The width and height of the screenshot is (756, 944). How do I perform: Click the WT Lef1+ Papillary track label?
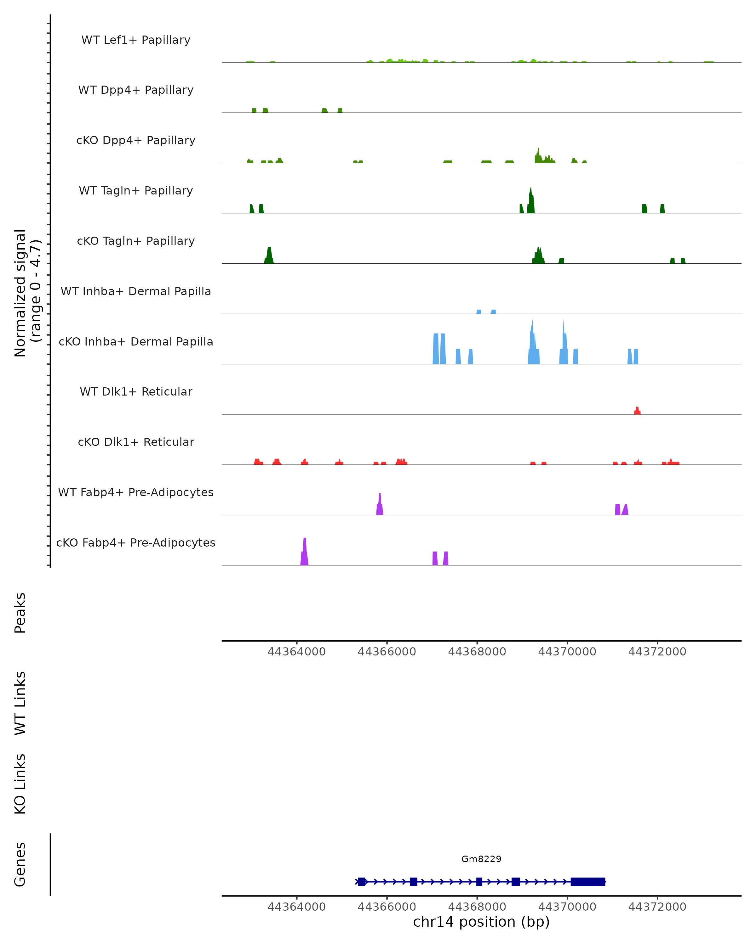pos(136,40)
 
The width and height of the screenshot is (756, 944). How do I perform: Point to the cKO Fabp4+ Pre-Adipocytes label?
pos(136,542)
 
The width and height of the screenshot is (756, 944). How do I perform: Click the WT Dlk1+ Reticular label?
pos(136,391)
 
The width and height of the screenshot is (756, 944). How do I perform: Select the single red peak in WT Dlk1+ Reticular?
pos(637,410)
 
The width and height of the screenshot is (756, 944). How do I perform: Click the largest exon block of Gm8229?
pos(588,881)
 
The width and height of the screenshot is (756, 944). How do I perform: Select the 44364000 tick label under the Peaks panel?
pos(297,652)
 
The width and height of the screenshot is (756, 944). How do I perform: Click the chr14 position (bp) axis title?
pos(481,922)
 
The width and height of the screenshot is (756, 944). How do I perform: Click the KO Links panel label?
pos(20,784)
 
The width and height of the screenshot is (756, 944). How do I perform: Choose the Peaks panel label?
pos(20,613)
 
